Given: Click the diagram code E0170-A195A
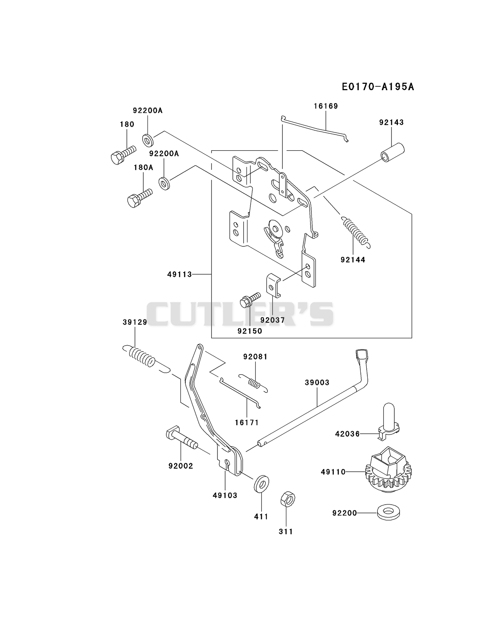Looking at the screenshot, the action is (x=378, y=87).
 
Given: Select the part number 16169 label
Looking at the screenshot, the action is (x=326, y=106).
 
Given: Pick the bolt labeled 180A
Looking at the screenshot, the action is (x=140, y=198).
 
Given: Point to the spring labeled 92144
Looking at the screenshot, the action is (x=355, y=231).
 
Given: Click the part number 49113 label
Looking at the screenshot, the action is (x=179, y=275).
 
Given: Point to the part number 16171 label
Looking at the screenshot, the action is (x=247, y=422).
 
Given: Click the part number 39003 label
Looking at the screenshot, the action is (x=317, y=382).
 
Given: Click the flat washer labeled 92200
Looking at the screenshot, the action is (x=388, y=513).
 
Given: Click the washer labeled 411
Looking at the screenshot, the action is (x=262, y=484).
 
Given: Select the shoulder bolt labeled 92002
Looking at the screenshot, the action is (x=181, y=439).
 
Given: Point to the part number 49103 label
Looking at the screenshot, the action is (x=225, y=495).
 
